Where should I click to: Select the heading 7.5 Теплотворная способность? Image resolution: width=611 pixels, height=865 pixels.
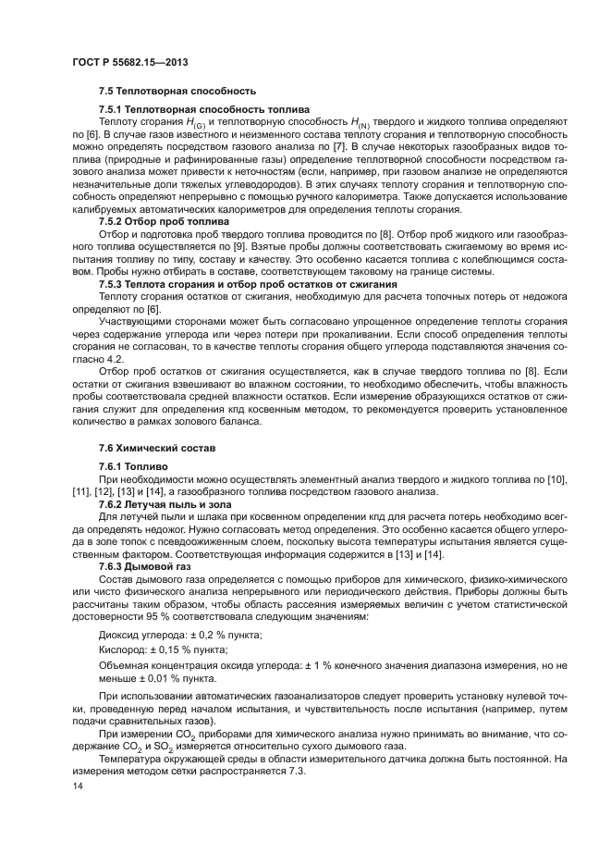(164, 92)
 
